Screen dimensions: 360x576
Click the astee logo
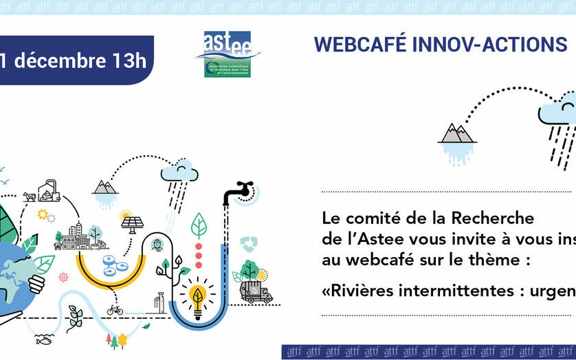tap(228, 54)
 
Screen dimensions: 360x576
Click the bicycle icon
tap(115, 310)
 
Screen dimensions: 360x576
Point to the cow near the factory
tap(30, 196)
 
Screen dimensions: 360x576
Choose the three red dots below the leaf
tap(199, 255)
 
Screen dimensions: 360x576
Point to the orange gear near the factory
tap(43, 214)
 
